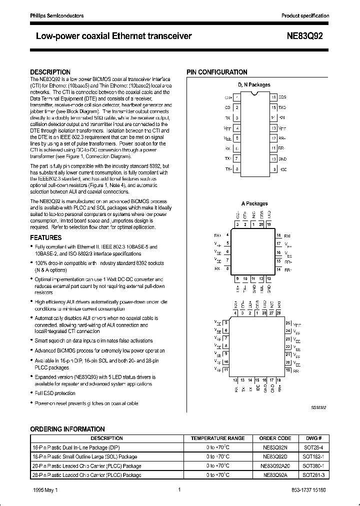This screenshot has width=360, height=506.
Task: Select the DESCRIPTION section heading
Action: click(x=50, y=72)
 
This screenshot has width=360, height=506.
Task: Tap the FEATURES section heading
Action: click(x=46, y=237)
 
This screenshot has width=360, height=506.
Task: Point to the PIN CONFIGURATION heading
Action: click(x=217, y=72)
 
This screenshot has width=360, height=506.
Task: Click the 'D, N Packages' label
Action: click(x=253, y=85)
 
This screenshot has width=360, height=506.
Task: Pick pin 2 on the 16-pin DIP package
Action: click(x=237, y=107)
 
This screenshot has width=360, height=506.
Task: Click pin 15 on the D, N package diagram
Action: click(x=273, y=107)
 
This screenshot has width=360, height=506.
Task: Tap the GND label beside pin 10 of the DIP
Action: click(x=282, y=158)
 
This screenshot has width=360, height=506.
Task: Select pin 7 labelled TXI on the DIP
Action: click(x=237, y=158)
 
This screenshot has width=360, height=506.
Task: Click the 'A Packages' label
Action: click(x=254, y=203)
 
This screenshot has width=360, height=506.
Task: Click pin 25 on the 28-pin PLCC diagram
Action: click(x=287, y=322)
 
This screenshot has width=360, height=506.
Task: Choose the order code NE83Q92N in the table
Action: click(x=276, y=448)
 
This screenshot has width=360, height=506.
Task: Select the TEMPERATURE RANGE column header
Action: click(x=217, y=438)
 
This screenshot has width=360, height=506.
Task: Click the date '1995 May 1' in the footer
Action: click(x=46, y=490)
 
